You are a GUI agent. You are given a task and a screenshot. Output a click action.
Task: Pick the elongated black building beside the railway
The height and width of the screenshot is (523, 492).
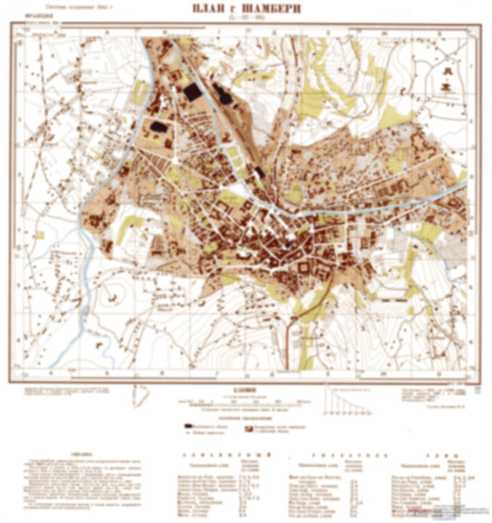pyautogui.click(x=222, y=92)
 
